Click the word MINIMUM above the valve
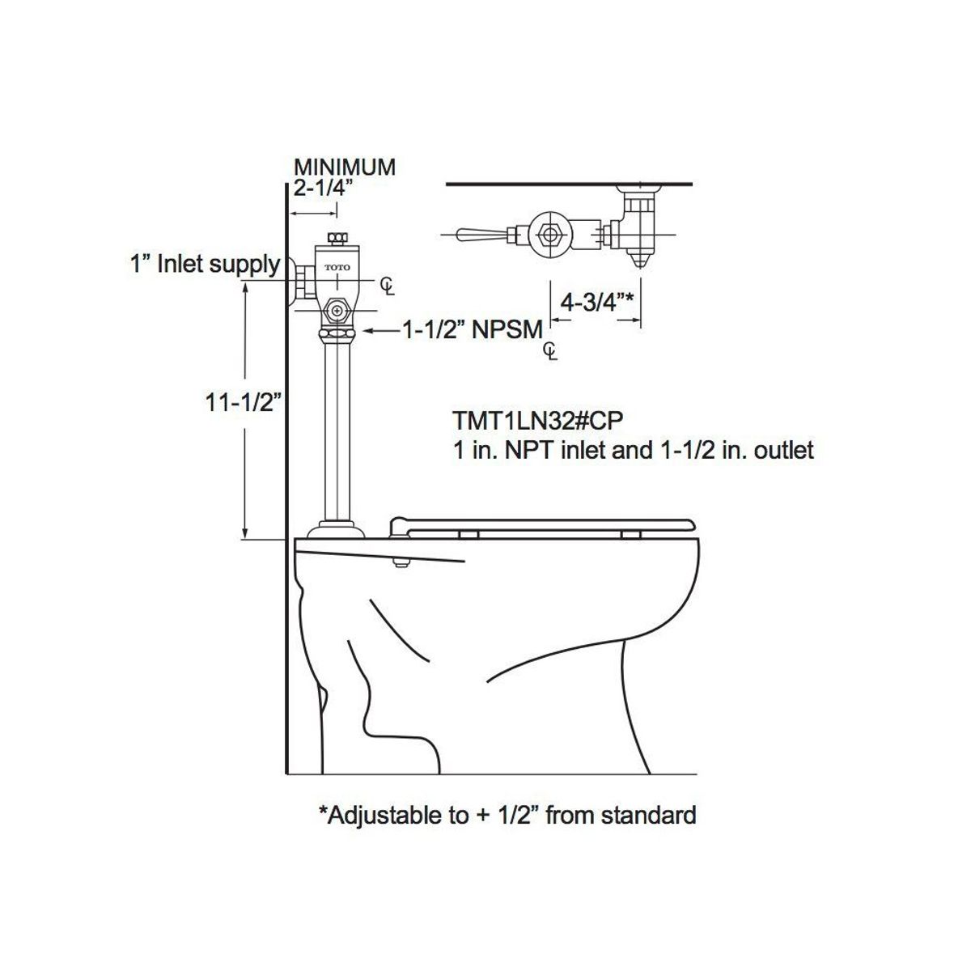pyautogui.click(x=344, y=167)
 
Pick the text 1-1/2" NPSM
pyautogui.click(x=473, y=330)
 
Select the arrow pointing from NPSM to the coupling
pyautogui.click(x=380, y=330)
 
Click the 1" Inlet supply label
pyautogui.click(x=206, y=264)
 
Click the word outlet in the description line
pyautogui.click(x=782, y=450)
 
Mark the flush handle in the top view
pyautogui.click(x=477, y=235)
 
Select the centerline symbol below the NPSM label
pyautogui.click(x=550, y=351)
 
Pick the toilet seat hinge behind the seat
pyautogui.click(x=398, y=526)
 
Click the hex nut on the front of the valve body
pyautogui.click(x=337, y=310)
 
